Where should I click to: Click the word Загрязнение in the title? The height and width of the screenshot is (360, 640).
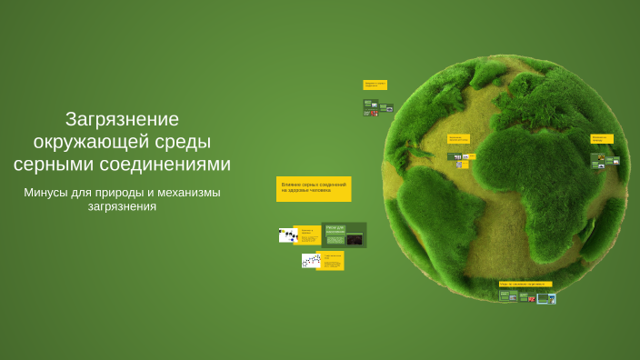(123, 119)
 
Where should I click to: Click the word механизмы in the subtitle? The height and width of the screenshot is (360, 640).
(189, 193)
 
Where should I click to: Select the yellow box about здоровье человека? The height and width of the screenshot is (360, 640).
(314, 188)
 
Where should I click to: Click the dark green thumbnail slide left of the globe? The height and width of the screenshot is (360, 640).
(345, 235)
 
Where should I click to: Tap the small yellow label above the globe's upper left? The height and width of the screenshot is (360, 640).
(375, 85)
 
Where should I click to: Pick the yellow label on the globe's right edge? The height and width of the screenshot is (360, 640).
(601, 139)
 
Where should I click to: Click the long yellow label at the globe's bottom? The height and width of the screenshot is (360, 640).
(525, 285)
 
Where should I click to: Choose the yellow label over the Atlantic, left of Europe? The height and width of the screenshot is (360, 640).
(459, 139)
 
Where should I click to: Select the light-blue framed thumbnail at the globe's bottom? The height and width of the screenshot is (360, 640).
(546, 297)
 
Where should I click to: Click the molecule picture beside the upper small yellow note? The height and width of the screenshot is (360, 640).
(288, 235)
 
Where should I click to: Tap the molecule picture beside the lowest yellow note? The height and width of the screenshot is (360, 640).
(310, 261)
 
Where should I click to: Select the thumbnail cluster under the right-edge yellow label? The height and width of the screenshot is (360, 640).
(605, 161)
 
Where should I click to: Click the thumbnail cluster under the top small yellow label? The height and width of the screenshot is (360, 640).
(377, 106)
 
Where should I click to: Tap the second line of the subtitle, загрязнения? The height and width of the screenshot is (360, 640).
(123, 207)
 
